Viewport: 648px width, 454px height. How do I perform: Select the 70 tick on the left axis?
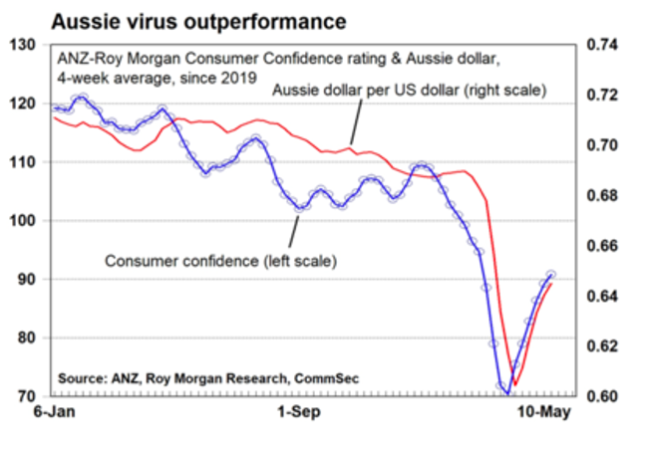[24, 396]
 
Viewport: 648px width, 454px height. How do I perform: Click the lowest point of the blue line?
[507, 393]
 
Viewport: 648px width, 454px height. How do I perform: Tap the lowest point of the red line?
[514, 384]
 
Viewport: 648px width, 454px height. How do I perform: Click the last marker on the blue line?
[551, 275]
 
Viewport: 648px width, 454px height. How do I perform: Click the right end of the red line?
[551, 285]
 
